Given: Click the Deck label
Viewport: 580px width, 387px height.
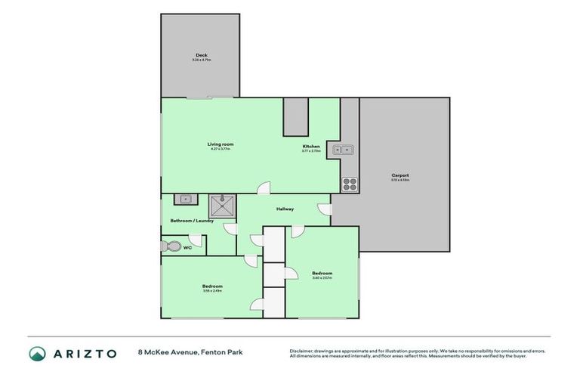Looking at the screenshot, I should (201, 54).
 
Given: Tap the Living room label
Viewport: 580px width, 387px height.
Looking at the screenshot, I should (221, 144).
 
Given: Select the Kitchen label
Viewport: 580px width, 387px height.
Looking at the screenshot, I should (311, 146).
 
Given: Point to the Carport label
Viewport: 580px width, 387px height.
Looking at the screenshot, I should (400, 175).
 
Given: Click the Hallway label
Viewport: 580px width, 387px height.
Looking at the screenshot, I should (285, 209).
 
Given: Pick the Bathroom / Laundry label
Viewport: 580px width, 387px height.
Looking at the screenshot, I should (192, 221).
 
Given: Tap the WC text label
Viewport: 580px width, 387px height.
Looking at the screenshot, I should (187, 247).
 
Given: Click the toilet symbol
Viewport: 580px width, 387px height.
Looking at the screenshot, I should (171, 247).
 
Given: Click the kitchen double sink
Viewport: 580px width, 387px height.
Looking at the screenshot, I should (344, 150).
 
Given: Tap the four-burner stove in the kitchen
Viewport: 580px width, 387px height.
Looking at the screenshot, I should (349, 182).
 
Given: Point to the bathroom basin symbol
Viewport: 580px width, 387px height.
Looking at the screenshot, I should (184, 200).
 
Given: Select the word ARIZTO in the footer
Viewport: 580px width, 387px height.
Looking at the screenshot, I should (84, 353).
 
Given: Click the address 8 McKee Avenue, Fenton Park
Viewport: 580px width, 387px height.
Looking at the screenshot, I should (190, 352).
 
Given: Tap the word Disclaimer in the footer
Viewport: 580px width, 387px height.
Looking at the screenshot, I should (304, 351).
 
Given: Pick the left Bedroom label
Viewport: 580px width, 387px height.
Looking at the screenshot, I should (211, 286).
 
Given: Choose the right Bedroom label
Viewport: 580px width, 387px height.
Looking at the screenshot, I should (322, 273).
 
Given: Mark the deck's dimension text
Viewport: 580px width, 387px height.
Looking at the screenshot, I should (201, 60).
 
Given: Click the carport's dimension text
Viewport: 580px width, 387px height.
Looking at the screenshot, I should (400, 180).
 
